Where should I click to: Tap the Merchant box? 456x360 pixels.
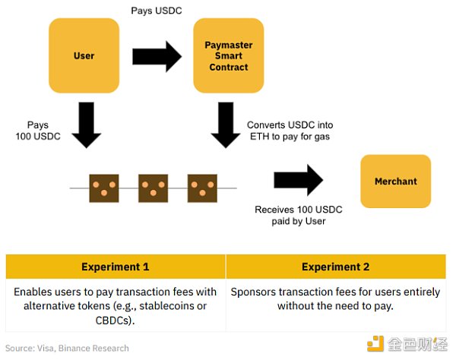(x=395, y=182)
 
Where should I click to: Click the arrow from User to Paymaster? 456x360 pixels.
(x=157, y=56)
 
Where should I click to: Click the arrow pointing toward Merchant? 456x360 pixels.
(x=298, y=180)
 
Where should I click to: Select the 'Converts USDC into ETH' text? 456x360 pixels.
(x=290, y=130)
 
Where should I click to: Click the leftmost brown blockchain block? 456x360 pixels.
(x=103, y=186)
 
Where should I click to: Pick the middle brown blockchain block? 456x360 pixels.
(x=153, y=186)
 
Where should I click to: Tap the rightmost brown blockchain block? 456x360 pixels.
(x=201, y=186)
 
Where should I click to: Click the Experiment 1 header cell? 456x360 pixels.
(x=116, y=267)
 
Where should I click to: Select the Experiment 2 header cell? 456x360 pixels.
(x=335, y=267)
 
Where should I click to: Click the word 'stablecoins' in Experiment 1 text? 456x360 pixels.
(x=166, y=306)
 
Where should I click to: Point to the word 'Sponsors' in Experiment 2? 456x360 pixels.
(x=253, y=292)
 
